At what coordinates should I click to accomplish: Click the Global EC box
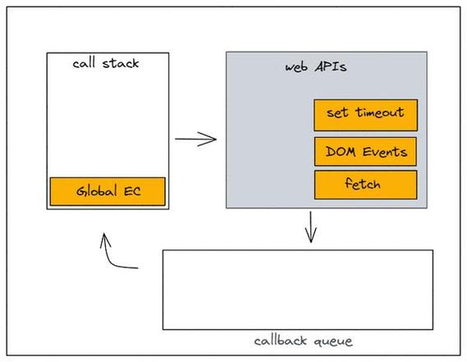[108, 191]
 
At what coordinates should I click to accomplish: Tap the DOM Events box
[365, 152]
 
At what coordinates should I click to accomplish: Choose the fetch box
[365, 185]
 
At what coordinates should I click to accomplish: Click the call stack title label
[106, 63]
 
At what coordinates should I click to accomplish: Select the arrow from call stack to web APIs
[195, 139]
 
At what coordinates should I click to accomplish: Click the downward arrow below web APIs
[310, 227]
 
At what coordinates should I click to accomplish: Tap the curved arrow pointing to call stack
[115, 254]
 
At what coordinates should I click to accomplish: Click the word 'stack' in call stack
[122, 63]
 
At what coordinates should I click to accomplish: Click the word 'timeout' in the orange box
[378, 113]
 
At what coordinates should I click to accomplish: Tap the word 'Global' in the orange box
[97, 191]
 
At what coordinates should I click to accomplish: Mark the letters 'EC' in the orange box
[132, 191]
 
